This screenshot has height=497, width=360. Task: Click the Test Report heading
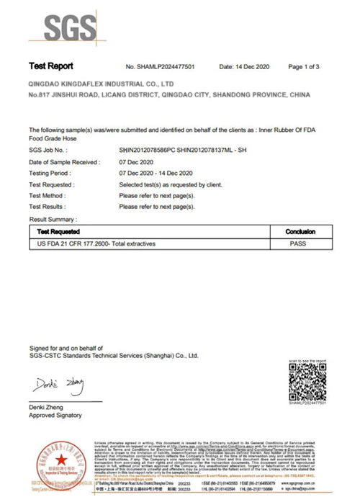pyautogui.click(x=50, y=66)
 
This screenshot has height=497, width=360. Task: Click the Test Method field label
pyautogui.click(x=48, y=196)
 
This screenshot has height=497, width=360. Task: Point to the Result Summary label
pyautogui.click(x=53, y=218)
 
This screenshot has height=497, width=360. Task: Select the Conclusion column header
pyautogui.click(x=300, y=232)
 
